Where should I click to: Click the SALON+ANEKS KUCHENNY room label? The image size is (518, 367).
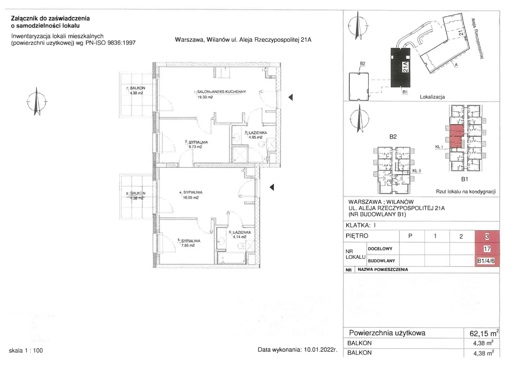[221, 92]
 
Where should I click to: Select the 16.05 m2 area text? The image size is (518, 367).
[191, 198]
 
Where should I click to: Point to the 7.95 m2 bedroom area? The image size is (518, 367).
[188, 245]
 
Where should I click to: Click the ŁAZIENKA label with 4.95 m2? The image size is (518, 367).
[257, 133]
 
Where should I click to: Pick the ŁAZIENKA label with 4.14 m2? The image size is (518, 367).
[242, 232]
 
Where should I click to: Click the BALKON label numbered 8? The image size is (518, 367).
[138, 193]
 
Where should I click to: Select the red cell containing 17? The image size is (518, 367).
[487, 249]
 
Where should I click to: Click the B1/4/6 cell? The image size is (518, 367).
[487, 261]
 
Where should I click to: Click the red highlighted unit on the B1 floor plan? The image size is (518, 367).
[457, 136]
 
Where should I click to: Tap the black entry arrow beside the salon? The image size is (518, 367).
[291, 97]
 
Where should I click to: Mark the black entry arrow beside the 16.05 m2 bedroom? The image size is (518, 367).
[272, 187]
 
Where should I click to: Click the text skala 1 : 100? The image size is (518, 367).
[26, 350]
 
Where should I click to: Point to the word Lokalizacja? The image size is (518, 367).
[432, 97]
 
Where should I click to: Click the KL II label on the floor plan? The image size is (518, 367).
[417, 171]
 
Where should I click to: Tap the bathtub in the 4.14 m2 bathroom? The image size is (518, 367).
[231, 258]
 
